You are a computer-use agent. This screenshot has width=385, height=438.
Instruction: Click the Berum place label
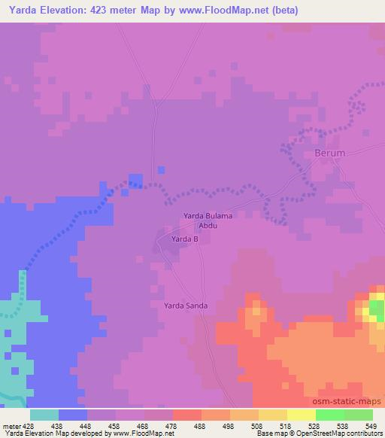[329, 153]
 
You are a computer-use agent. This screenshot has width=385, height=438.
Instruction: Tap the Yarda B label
[184, 239]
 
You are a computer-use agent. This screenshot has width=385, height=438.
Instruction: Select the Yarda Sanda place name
[186, 306]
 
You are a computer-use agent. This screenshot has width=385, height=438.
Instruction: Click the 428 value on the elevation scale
[29, 426]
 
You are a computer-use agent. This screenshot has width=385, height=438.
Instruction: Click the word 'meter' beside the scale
[11, 426]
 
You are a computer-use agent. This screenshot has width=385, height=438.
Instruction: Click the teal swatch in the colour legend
[44, 415]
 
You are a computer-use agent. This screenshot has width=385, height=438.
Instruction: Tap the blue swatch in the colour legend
[73, 415]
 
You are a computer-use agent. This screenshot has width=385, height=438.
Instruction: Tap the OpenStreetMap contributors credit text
[341, 434]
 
